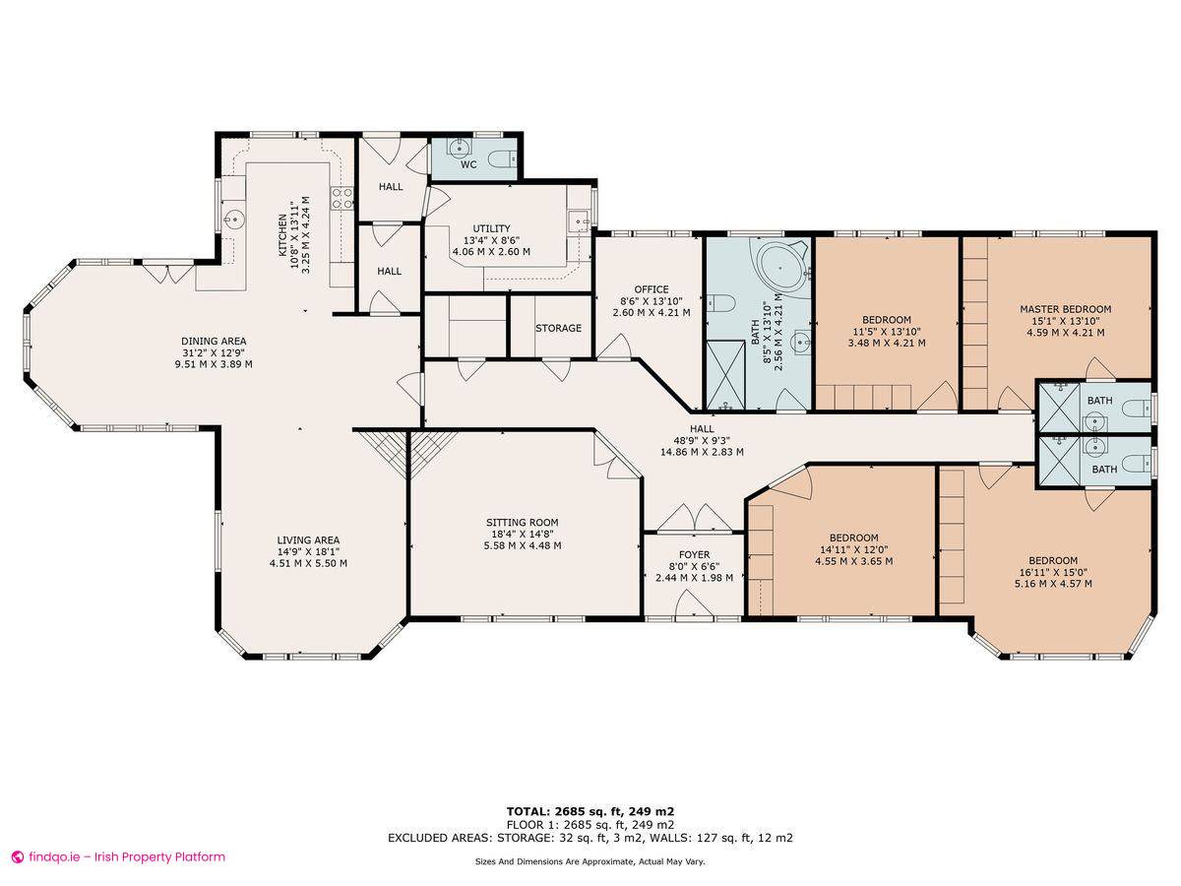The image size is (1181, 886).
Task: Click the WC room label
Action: click(468, 164)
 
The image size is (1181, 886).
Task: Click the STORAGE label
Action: click(558, 328)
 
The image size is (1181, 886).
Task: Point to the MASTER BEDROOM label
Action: click(1065, 309)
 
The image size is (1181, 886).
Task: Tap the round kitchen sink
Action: click(234, 219)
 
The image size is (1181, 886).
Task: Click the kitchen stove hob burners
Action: click(342, 198)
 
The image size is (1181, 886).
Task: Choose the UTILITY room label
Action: click(491, 229)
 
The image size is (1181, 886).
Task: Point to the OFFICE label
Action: click(652, 289)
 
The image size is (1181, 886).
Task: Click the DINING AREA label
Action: click(214, 342)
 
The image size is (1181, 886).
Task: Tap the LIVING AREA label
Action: click(308, 540)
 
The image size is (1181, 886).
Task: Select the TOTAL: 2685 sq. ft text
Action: click(590, 810)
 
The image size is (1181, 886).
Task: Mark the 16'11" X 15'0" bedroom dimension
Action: click(1052, 572)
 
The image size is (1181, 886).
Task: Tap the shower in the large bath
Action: click(728, 374)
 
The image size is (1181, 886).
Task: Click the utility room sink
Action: click(578, 221)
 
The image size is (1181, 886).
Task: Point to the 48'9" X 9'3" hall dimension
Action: click(701, 440)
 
